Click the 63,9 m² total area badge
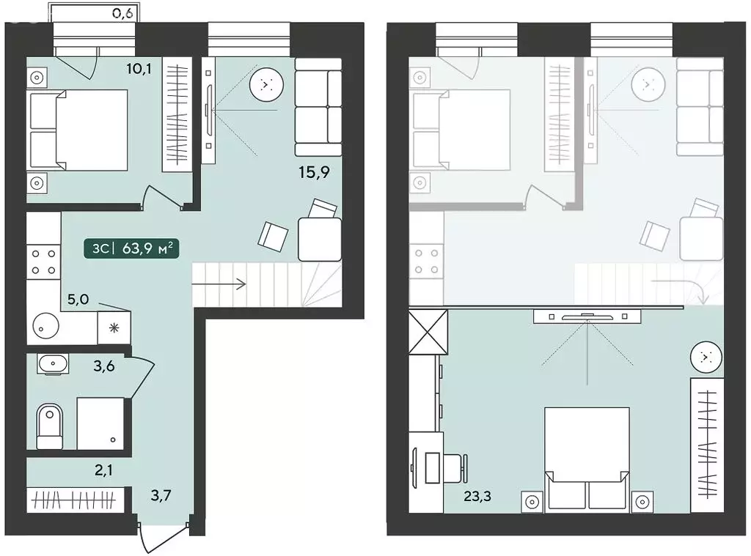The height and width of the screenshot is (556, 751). pos(132,249)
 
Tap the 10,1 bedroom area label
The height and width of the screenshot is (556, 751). pos(139,69)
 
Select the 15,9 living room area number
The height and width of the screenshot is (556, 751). pos(314,172)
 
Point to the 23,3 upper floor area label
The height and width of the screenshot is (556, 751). pos(477,497)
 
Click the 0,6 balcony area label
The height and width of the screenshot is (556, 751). pos(122,13)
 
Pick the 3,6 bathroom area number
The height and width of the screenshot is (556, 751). pos(104,367)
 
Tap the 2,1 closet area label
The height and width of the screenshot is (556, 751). pos(103,470)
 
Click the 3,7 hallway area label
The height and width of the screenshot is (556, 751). pos(161,495)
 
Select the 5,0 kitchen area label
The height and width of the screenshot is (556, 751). pos(78,300)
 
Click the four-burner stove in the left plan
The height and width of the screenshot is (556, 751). pos(43,262)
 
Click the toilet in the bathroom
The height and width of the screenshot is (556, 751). pos(49,427)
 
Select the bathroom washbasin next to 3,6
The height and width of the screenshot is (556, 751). pos(52,364)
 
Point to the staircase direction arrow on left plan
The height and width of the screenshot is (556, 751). pos(219,284)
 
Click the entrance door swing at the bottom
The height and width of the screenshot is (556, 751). pos(163,536)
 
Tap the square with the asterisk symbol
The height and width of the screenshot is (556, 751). pos(114,327)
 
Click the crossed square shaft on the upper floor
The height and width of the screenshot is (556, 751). pos(428,332)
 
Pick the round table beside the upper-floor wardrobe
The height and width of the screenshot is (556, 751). pos(706,357)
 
